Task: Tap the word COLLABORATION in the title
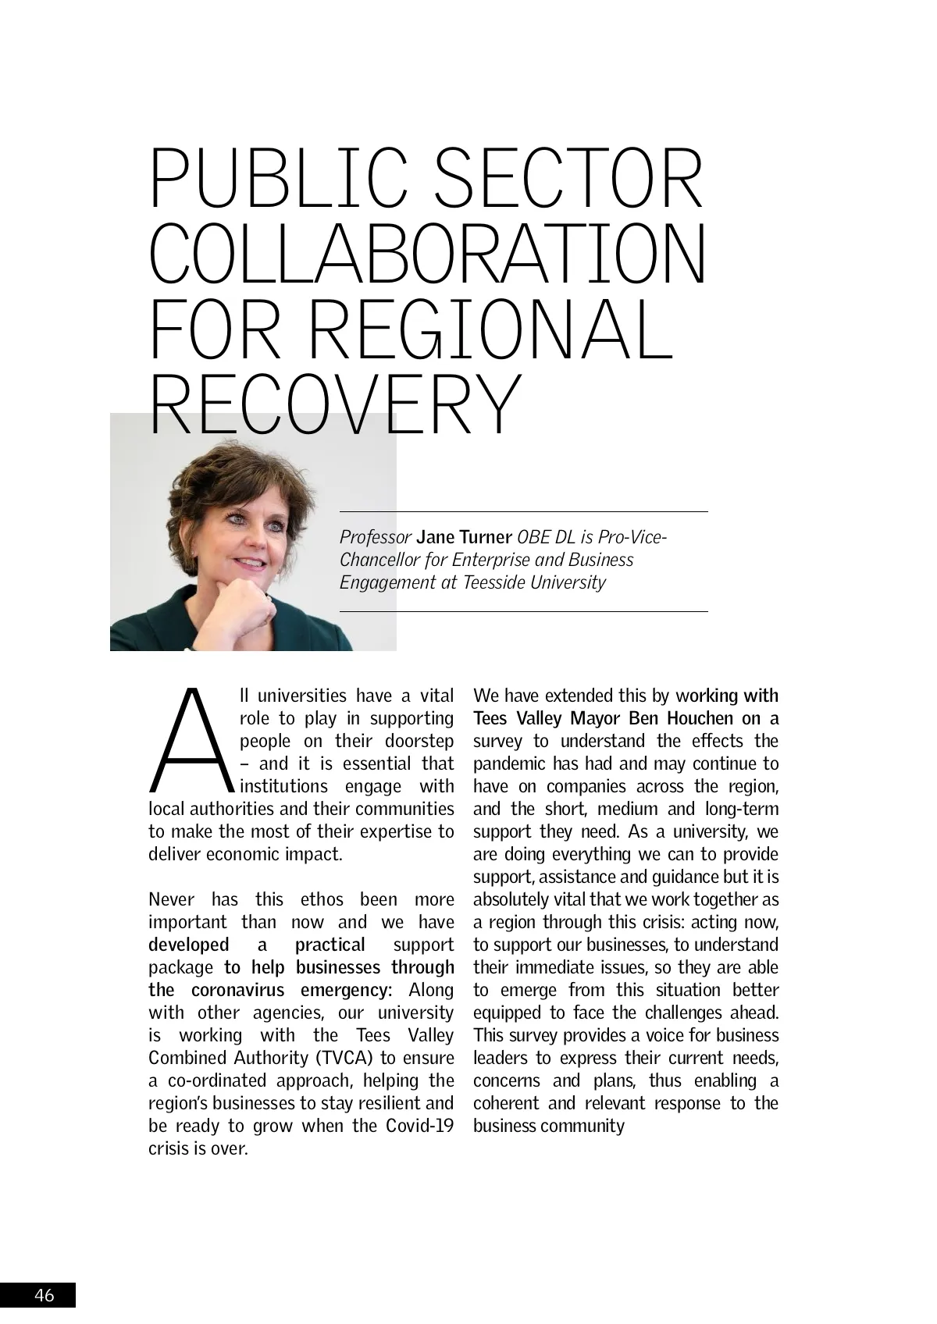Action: pyautogui.click(x=428, y=254)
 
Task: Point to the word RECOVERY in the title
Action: pyautogui.click(x=333, y=404)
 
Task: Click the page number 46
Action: pyautogui.click(x=45, y=1295)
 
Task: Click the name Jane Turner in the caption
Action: pyautogui.click(x=465, y=537)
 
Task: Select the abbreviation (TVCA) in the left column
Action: pyautogui.click(x=344, y=1058)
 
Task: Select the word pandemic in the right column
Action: pyautogui.click(x=508, y=763)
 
